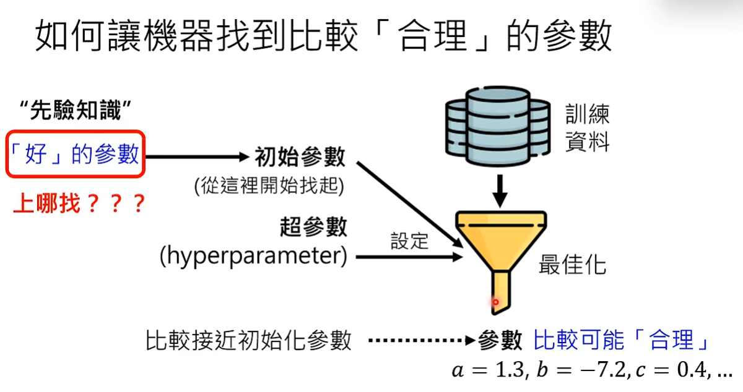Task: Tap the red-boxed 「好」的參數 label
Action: tap(76, 154)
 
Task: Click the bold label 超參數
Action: tap(313, 228)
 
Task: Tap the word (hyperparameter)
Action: tap(253, 256)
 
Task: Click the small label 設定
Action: tap(409, 241)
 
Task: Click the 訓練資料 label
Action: tap(588, 128)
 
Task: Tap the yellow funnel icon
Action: tap(501, 247)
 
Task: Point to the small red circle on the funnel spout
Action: tap(495, 302)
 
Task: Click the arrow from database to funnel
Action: tap(500, 191)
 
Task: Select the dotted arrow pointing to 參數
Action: tap(421, 340)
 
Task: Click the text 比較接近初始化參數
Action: tap(249, 340)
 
